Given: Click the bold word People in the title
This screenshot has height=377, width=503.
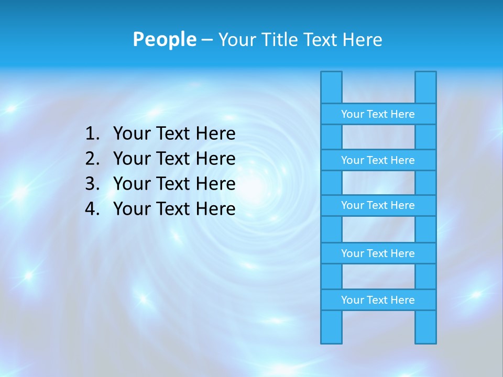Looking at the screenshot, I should [x=164, y=39].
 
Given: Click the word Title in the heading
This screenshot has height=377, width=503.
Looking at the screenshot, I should [x=280, y=39].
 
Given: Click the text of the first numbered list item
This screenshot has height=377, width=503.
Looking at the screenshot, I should [x=174, y=134].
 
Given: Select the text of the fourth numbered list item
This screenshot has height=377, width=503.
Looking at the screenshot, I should [x=174, y=209].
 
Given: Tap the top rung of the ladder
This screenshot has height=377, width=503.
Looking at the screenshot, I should [x=378, y=114].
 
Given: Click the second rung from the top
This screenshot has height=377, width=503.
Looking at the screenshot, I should [x=378, y=160].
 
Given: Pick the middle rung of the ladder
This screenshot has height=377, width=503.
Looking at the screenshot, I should [x=378, y=205].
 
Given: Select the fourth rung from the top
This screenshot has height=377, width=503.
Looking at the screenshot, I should [x=378, y=253].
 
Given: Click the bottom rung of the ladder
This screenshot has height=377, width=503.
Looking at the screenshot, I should [x=378, y=300].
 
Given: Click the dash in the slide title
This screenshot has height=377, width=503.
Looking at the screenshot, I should [x=206, y=40].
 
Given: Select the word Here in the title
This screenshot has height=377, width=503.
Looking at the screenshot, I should [x=362, y=39].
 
